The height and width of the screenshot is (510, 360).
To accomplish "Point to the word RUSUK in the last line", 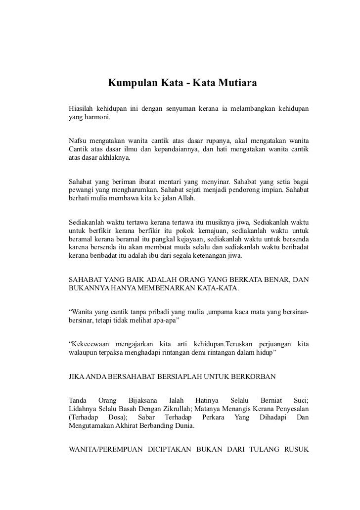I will pyautogui.click(x=296, y=451).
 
